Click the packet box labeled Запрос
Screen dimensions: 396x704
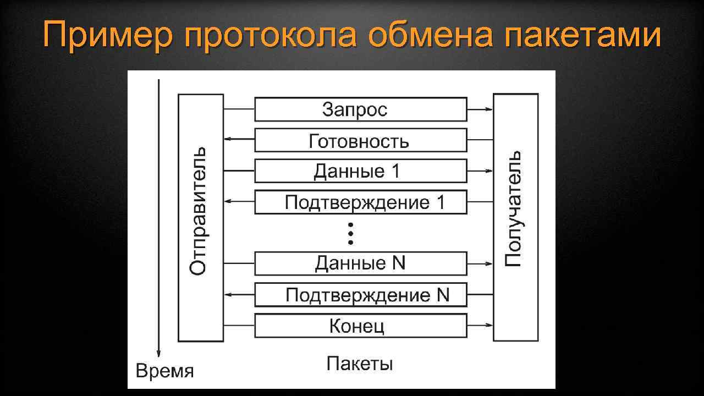coord(360,109)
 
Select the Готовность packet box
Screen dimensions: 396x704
coord(360,140)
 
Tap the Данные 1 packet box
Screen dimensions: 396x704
coord(360,171)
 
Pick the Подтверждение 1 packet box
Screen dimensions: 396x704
coord(360,202)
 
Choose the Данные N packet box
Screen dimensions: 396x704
coord(360,263)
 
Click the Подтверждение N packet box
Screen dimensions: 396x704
coord(360,295)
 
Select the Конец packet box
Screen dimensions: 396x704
coord(360,326)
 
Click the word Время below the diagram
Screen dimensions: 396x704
coord(164,371)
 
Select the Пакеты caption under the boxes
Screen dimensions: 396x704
coord(360,364)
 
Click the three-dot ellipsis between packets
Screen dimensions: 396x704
coord(350,233)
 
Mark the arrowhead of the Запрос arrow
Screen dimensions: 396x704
coord(490,109)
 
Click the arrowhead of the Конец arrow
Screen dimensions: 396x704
coord(490,326)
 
